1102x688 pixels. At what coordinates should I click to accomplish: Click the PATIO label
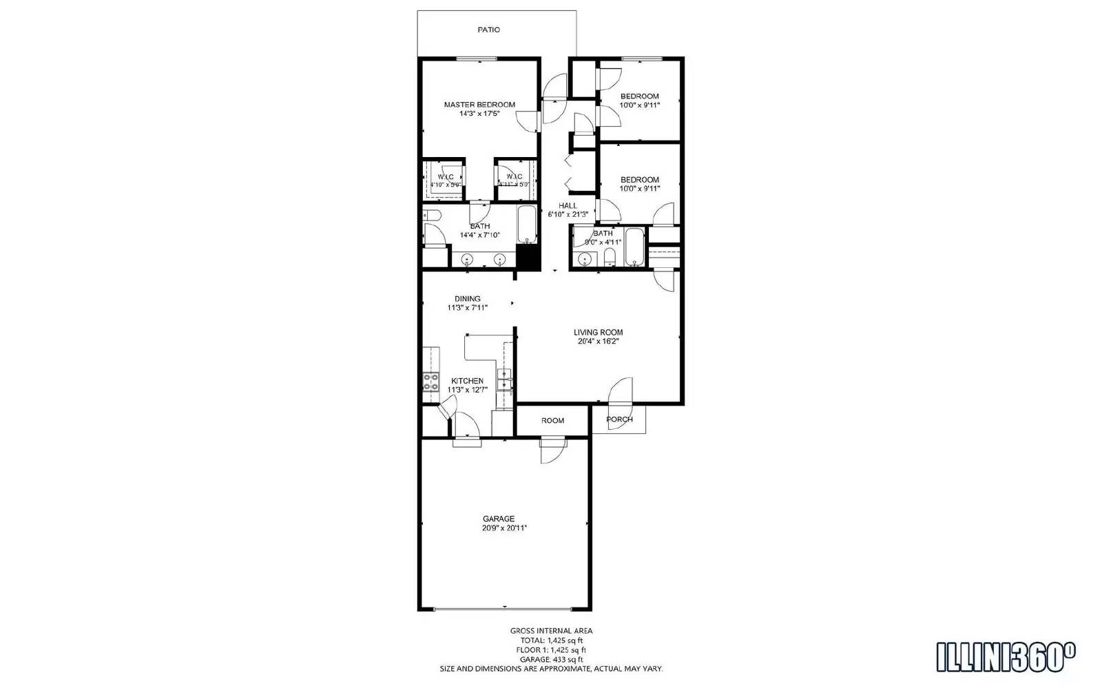(489, 30)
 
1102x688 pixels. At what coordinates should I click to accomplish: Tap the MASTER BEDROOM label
(479, 105)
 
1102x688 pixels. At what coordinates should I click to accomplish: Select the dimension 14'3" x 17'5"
(479, 114)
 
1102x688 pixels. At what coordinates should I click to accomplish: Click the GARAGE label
(498, 519)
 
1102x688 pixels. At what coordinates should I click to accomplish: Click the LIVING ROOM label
(598, 333)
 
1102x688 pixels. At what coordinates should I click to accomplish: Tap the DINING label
(468, 299)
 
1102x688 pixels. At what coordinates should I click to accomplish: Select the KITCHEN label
(467, 381)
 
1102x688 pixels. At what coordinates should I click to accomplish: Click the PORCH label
(619, 420)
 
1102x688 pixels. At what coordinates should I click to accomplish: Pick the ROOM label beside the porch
(552, 421)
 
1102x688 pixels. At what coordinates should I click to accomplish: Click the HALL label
(568, 206)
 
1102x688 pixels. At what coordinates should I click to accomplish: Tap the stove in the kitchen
(431, 382)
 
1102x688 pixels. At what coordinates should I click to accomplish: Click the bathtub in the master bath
(527, 225)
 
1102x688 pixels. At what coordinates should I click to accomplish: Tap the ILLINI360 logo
(1006, 657)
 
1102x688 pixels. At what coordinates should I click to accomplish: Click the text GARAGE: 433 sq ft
(551, 659)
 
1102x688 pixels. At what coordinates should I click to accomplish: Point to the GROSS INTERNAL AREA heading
(551, 631)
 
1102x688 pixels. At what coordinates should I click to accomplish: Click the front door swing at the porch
(620, 391)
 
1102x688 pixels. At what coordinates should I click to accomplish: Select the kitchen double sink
(505, 381)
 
